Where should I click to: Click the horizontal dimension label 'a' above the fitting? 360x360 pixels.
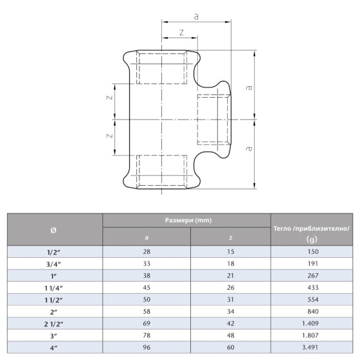click(196, 12)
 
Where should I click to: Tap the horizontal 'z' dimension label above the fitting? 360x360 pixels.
click(182, 32)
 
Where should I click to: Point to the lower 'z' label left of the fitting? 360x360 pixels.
click(109, 136)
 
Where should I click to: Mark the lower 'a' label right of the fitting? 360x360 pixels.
click(249, 148)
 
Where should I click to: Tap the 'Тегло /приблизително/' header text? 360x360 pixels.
click(312, 228)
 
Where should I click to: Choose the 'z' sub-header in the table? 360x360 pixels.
click(230, 238)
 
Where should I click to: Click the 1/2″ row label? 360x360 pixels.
click(55, 252)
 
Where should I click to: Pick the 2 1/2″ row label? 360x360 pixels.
click(55, 323)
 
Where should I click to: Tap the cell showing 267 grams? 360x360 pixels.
click(312, 275)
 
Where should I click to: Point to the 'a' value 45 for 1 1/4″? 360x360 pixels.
click(147, 287)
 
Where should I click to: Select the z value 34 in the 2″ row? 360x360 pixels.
click(230, 311)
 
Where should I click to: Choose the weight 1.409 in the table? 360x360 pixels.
click(312, 323)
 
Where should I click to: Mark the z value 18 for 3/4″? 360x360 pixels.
click(230, 264)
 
